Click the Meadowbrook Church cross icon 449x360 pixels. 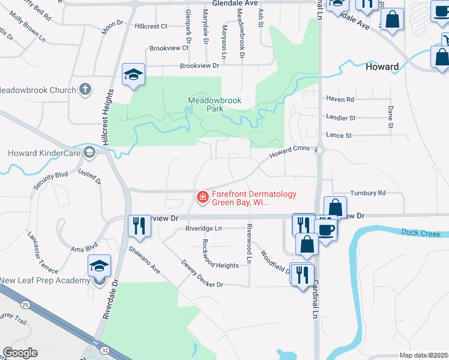coord(85,90)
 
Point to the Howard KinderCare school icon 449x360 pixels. coord(89,153)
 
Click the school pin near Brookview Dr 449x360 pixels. coord(133,75)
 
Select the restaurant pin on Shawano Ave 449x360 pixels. coord(138,226)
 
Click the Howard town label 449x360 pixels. coord(382,67)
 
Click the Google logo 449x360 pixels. coord(20,353)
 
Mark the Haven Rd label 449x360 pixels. coord(340,99)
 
